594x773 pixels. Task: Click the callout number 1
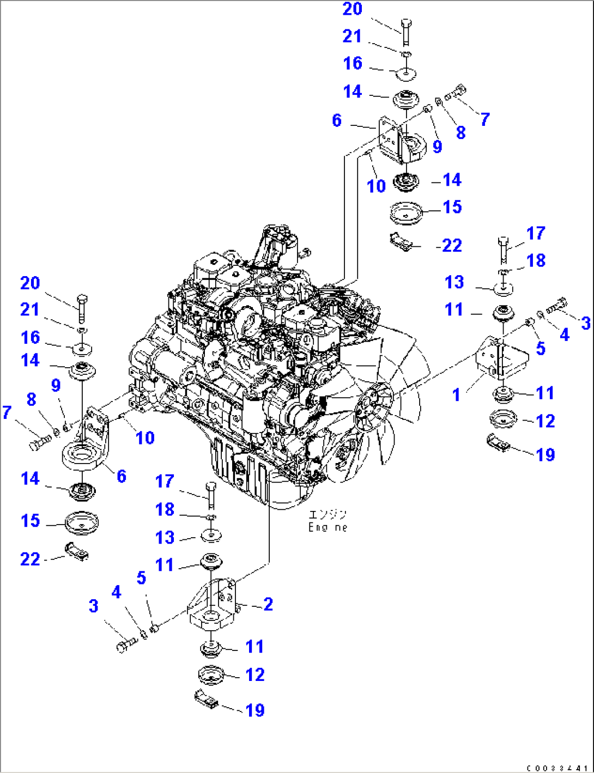click(x=457, y=394)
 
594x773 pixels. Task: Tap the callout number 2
click(x=268, y=604)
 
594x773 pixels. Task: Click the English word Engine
click(x=327, y=527)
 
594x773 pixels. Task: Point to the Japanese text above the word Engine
click(x=327, y=514)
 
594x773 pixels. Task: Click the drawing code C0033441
click(x=556, y=768)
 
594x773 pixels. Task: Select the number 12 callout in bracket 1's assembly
click(x=545, y=421)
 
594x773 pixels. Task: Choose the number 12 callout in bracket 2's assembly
click(x=255, y=674)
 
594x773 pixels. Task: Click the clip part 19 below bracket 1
click(x=498, y=442)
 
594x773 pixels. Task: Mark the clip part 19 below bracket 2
click(x=206, y=699)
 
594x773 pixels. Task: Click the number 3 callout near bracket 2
click(x=94, y=606)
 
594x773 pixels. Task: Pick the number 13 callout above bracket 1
click(x=454, y=282)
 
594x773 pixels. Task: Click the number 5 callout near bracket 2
click(x=141, y=577)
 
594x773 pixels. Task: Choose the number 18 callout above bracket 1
click(x=536, y=260)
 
